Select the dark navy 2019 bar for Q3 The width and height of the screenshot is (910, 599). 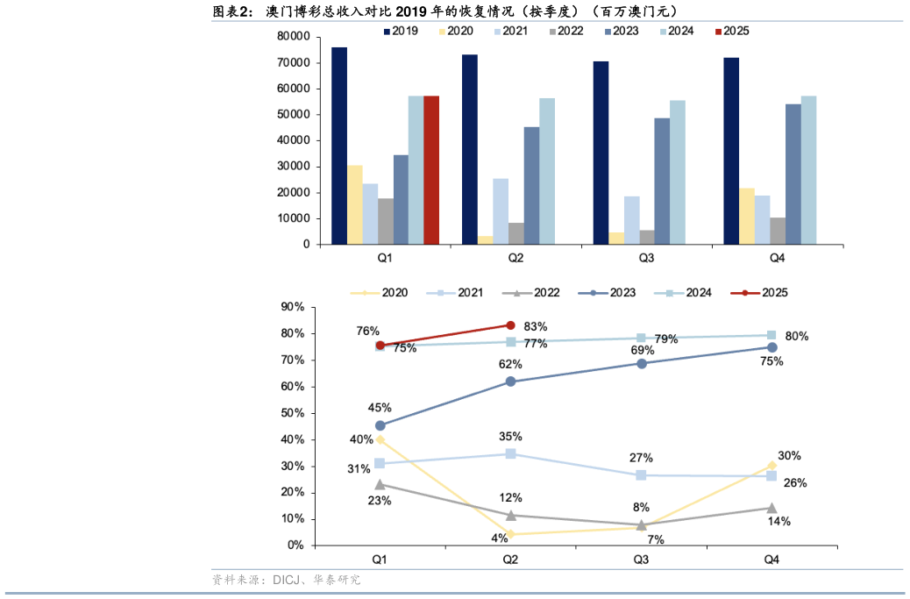[x=601, y=153]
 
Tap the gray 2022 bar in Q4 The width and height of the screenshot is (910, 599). [x=778, y=231]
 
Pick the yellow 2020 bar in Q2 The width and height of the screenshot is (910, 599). [x=485, y=239]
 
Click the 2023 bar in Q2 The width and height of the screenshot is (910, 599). [x=531, y=185]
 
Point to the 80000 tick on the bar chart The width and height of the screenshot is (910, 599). [x=294, y=37]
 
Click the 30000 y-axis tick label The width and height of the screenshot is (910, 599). [x=294, y=167]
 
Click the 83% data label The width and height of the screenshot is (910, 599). [x=536, y=326]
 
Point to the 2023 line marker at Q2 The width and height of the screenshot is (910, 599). [x=510, y=382]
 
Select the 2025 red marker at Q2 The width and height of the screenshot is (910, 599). [x=510, y=325]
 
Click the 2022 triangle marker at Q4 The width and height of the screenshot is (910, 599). [x=771, y=508]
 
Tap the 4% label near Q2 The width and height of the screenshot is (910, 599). [x=499, y=538]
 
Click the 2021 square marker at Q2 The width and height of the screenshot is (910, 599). [x=510, y=453]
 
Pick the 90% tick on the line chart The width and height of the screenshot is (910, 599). [x=292, y=307]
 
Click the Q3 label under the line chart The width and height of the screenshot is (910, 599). [x=641, y=559]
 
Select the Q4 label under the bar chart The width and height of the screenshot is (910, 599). [x=777, y=258]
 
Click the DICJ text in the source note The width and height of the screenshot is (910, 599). [x=287, y=580]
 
